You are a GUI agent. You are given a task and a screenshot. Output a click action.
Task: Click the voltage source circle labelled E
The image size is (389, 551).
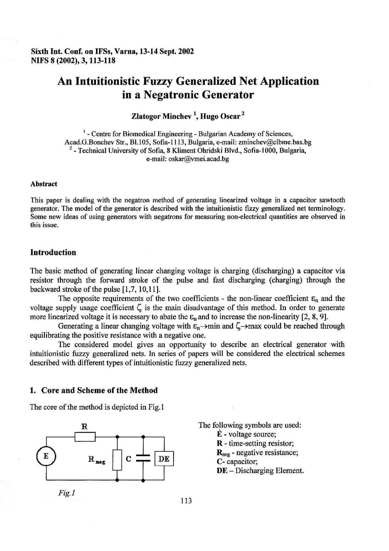coord(46,456)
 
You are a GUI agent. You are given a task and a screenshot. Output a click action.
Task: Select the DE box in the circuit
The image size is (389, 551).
coord(164,459)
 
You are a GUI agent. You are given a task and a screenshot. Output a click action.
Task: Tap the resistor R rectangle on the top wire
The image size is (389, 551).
coord(85,437)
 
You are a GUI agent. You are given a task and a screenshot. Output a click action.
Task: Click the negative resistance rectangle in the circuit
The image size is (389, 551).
coord(117,460)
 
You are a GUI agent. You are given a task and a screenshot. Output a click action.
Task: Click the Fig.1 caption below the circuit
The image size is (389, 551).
coord(67,493)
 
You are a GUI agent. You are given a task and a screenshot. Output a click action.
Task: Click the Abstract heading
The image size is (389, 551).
coord(44,184)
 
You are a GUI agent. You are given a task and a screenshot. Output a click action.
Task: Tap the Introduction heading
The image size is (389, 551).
coord(53,252)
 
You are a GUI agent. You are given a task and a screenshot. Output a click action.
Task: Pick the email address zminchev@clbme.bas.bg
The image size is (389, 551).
coord(275,142)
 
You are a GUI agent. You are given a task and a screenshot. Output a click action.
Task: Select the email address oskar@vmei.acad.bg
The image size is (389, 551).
coord(199,159)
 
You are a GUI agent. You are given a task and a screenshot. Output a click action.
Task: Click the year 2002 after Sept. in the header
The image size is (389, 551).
coord(186,52)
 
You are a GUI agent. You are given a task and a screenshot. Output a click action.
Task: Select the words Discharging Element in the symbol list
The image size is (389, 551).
coord(269,470)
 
